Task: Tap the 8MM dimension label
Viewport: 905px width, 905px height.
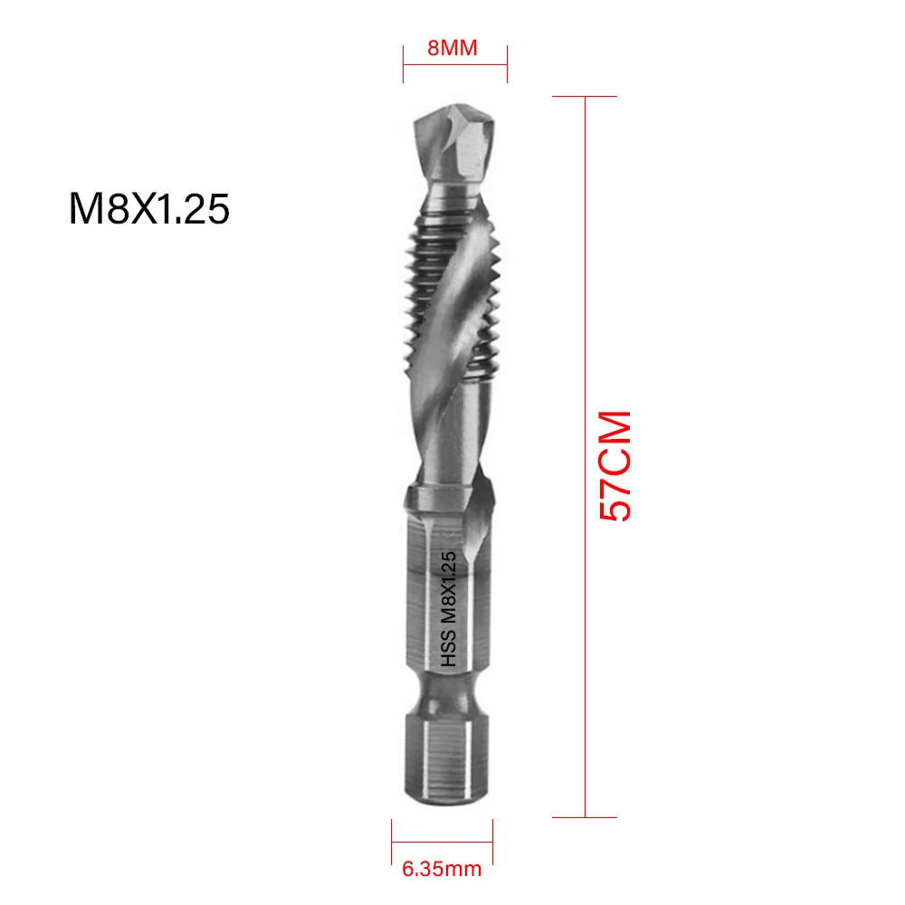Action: point(452,48)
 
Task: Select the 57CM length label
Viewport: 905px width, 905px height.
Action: point(615,466)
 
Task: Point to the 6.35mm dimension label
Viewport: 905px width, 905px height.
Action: point(442,871)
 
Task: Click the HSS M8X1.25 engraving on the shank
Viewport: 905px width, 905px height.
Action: point(450,611)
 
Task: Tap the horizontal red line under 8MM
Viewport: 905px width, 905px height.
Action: point(455,63)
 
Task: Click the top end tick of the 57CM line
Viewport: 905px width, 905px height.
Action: point(586,97)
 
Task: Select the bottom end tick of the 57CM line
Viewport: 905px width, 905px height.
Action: point(586,817)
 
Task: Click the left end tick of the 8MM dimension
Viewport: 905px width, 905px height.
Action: point(404,63)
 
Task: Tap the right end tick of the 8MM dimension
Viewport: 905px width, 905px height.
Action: point(507,63)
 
